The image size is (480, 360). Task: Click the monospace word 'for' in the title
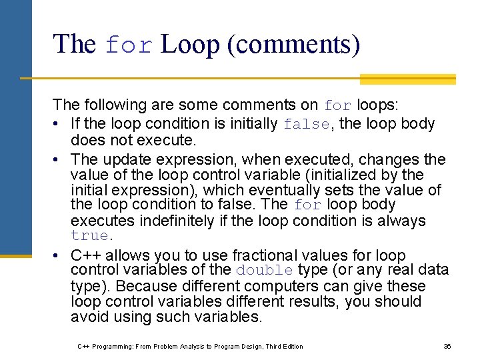pos(129,45)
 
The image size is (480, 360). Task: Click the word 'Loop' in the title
pos(190,45)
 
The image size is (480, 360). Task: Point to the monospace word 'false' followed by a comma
pos(306,124)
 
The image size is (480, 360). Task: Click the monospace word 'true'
pos(89,236)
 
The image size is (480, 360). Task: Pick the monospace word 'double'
pos(264,271)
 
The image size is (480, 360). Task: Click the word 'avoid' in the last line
pos(87,317)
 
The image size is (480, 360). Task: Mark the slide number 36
pos(447,347)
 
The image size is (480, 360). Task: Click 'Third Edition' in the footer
pos(283,347)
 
